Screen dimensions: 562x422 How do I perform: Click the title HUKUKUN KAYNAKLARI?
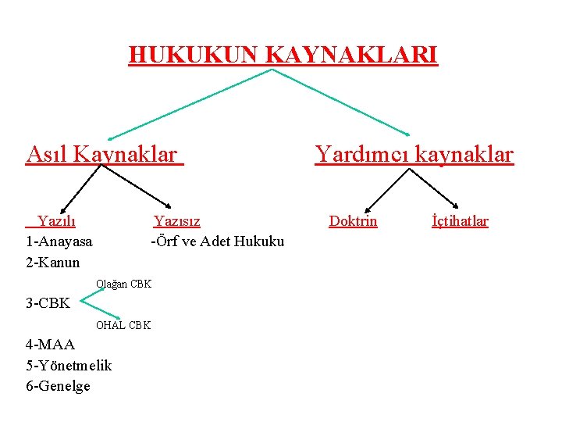click(x=283, y=55)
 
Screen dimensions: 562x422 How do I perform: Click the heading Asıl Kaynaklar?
click(x=101, y=154)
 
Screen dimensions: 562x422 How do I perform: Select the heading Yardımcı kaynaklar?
click(x=414, y=154)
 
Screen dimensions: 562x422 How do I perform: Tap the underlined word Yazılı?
click(x=56, y=221)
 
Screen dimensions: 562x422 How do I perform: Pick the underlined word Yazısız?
click(x=176, y=221)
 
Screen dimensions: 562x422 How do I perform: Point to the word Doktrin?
click(x=353, y=221)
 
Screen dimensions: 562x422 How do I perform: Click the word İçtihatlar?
click(x=460, y=221)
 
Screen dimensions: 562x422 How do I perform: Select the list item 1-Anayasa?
click(x=59, y=241)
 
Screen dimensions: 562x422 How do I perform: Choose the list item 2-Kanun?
click(x=52, y=262)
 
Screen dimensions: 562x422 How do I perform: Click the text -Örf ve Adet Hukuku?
click(x=217, y=241)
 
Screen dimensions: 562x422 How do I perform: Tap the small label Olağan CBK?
click(x=123, y=284)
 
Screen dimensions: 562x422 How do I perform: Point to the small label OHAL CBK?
click(x=123, y=325)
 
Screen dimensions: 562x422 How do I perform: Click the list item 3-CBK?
click(x=48, y=302)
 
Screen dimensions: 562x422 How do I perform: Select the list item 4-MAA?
click(x=50, y=345)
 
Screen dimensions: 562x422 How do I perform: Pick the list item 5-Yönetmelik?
click(x=69, y=365)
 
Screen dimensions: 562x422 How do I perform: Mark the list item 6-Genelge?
click(x=58, y=385)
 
